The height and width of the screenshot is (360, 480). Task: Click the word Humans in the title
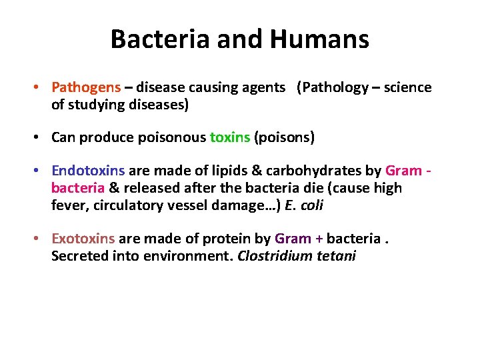(x=319, y=39)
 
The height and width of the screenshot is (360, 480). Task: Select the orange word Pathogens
(x=86, y=88)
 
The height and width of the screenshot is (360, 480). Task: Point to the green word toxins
(x=229, y=138)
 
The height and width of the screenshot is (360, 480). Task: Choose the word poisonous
(x=173, y=138)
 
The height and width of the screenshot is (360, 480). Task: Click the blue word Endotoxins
(x=88, y=171)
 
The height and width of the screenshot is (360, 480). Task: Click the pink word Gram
(x=404, y=171)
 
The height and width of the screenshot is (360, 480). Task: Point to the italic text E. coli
(x=303, y=205)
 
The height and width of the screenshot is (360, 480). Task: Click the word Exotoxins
(x=83, y=239)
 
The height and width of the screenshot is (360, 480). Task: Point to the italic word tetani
(x=336, y=256)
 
